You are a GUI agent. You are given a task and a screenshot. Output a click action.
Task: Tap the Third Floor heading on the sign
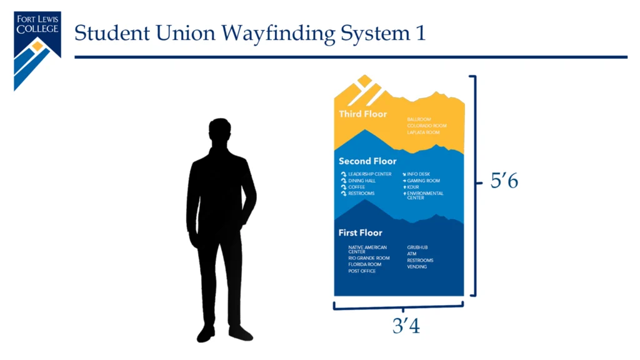(362, 114)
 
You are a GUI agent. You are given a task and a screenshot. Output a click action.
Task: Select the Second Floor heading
(367, 161)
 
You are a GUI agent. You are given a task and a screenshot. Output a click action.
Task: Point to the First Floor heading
(360, 233)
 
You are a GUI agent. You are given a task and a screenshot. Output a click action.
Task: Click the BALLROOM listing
(419, 119)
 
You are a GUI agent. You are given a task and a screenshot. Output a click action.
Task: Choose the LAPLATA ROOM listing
(423, 132)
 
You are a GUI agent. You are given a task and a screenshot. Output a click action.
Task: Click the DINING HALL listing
(362, 181)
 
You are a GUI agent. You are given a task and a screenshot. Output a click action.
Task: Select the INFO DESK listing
(418, 174)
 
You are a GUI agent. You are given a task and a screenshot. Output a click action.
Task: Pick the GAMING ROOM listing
(423, 181)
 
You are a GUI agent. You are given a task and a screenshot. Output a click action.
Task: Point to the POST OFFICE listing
(362, 271)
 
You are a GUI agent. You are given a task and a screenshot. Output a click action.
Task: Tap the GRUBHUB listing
(417, 247)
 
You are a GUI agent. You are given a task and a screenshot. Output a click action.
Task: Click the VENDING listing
(417, 267)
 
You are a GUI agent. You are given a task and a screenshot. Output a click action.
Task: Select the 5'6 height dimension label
(504, 182)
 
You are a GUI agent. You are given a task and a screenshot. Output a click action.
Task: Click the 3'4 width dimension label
(406, 326)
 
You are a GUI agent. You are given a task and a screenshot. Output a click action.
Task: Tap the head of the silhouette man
(219, 132)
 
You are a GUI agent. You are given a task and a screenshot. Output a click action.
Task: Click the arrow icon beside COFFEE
(343, 187)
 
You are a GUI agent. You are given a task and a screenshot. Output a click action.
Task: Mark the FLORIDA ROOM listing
(364, 264)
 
